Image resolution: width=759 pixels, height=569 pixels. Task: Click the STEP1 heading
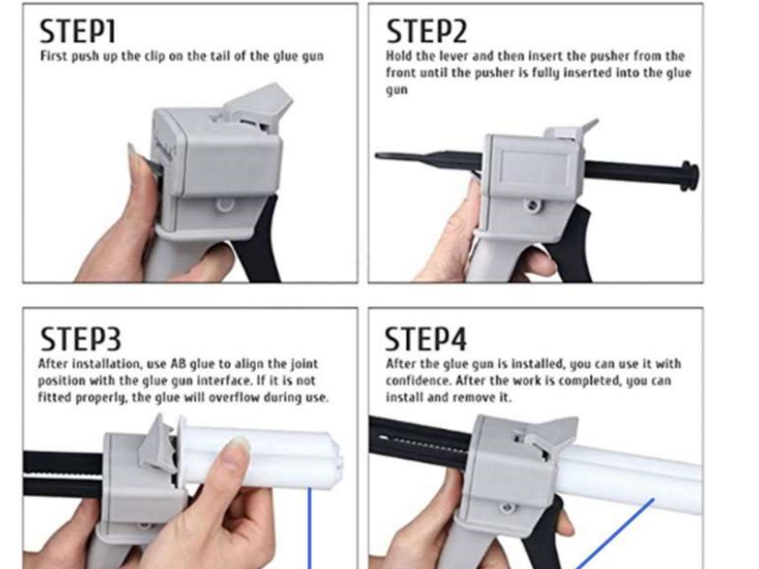coord(78,31)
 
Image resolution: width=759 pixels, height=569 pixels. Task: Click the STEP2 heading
coord(426,31)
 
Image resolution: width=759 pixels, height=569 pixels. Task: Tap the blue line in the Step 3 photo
coord(309,531)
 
